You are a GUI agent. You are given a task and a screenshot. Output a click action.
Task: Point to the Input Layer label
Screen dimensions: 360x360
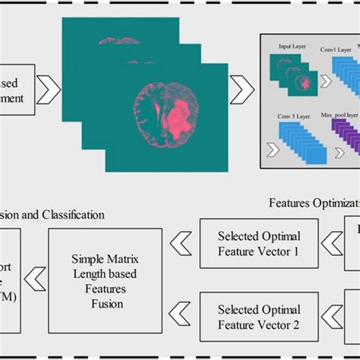292,46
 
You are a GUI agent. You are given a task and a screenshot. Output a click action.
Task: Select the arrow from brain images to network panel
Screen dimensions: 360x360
242,92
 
